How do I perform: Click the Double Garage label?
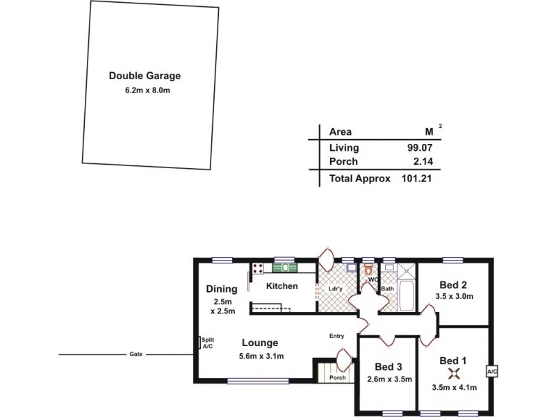tap(145, 76)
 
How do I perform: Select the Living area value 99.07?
tap(421, 147)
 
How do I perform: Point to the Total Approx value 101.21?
tap(418, 179)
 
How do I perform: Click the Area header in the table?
tap(340, 131)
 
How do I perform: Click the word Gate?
tap(136, 354)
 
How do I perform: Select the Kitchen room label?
tap(282, 286)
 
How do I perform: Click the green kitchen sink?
tap(285, 267)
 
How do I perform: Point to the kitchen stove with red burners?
tap(256, 268)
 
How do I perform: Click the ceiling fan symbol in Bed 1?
tap(453, 374)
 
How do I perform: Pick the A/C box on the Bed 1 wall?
tap(492, 372)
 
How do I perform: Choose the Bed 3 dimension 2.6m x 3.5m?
tap(389, 379)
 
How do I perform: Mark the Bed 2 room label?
tap(453, 284)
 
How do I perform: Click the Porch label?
tap(337, 378)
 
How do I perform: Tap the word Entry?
tap(336, 336)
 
